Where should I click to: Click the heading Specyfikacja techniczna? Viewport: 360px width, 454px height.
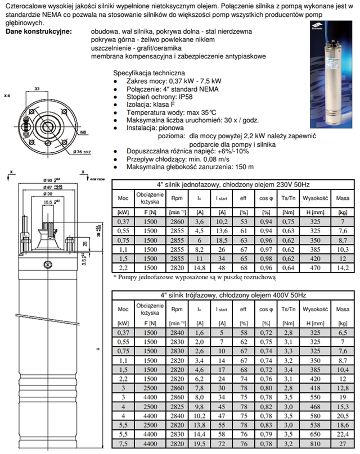pos(149,74)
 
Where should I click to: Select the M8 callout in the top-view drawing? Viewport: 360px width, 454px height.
pos(82,132)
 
